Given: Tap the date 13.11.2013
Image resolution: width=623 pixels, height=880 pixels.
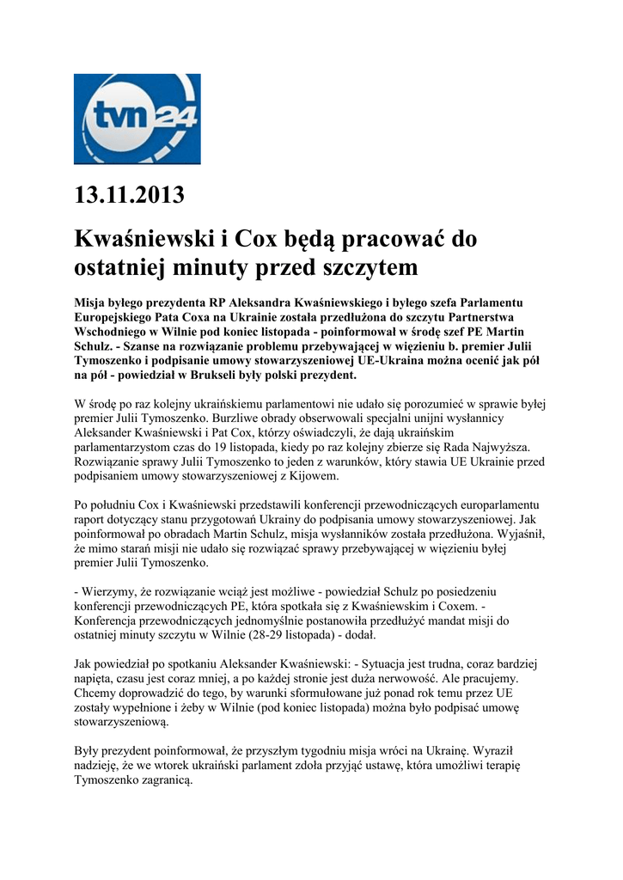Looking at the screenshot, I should coord(129,195).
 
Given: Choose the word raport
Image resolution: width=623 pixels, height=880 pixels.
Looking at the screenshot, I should coord(92,518).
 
